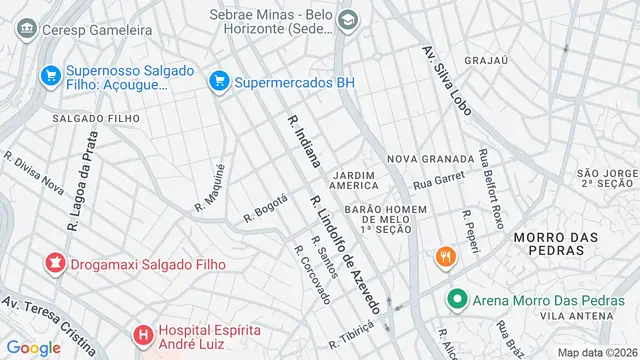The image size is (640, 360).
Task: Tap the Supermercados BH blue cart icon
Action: [218, 79]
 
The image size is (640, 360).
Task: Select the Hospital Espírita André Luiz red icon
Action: [144, 334]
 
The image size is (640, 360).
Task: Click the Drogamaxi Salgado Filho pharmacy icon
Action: [52, 264]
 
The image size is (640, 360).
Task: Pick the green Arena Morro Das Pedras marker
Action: [457, 298]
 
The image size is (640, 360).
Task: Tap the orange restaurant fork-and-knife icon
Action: [445, 256]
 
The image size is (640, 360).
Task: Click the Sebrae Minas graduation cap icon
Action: [347, 19]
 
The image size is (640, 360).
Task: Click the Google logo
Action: [33, 347]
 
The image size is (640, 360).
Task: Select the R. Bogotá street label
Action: [266, 209]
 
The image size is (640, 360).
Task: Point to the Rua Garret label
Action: [440, 182]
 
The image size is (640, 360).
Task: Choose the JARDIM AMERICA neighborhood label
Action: [354, 179]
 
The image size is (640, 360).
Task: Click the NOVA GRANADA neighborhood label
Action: [430, 159]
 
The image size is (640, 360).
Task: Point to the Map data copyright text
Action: [596, 352]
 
